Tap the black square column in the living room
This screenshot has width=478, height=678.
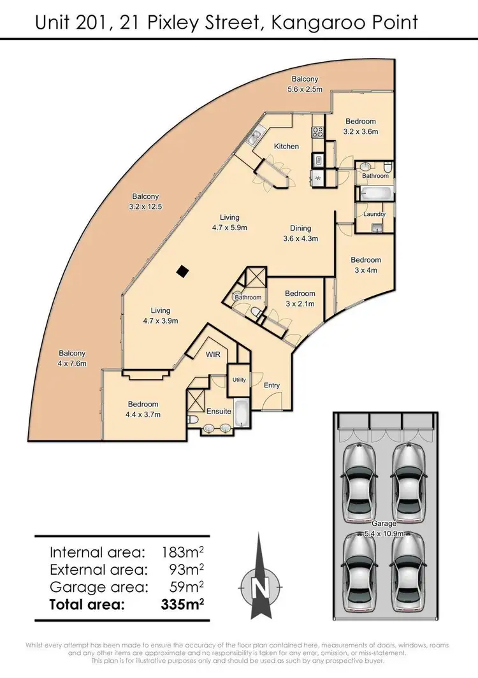pyautogui.click(x=182, y=271)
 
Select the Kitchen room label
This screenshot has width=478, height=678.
pyautogui.click(x=286, y=147)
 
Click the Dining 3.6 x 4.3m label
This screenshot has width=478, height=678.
pyautogui.click(x=300, y=233)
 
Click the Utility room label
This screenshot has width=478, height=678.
pyautogui.click(x=239, y=380)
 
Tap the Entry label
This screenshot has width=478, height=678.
pyautogui.click(x=272, y=386)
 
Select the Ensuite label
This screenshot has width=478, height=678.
pyautogui.click(x=219, y=411)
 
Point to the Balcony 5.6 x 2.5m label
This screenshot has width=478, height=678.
pyautogui.click(x=305, y=84)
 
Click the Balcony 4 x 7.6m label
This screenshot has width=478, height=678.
pyautogui.click(x=72, y=358)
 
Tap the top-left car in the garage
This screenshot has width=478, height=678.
pyautogui.click(x=359, y=472)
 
